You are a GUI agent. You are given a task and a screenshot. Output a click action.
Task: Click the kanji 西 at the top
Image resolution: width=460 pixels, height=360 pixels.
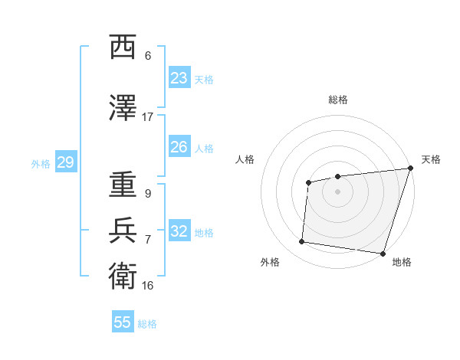coord(123,48)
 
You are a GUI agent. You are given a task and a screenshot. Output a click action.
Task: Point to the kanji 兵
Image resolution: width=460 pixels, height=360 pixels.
coord(123,231)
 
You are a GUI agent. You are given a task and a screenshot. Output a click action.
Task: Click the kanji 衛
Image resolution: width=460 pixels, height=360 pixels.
coord(123,275)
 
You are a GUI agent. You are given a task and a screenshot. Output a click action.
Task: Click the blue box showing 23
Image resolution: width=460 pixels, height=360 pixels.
coord(179,78)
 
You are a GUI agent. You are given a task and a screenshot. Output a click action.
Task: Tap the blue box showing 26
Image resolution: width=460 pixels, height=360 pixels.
coord(179,147)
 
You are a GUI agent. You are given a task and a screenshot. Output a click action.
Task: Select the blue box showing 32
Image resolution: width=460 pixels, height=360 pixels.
coord(179,231)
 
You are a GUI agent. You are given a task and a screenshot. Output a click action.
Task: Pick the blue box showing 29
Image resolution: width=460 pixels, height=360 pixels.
coord(65,162)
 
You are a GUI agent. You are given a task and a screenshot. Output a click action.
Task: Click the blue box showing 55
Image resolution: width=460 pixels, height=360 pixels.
coord(123,322)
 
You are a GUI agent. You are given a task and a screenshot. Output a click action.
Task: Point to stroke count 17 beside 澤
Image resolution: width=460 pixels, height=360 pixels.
coord(148,116)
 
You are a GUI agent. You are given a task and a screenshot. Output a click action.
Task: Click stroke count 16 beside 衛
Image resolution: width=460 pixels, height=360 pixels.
coord(148,285)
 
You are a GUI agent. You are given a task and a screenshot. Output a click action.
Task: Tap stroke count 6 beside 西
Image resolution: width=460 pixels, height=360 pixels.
coord(148,55)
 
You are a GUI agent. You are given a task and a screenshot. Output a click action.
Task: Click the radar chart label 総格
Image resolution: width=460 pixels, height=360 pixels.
coord(337,100)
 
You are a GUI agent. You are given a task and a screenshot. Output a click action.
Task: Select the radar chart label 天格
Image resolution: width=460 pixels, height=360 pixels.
coord(431,159)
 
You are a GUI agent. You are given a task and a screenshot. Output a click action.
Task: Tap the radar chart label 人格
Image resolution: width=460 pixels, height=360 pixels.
coord(245,159)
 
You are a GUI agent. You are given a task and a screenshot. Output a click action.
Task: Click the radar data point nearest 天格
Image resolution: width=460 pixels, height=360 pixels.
coord(410,168)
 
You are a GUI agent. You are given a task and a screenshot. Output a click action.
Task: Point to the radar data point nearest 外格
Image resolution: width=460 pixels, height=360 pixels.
coord(302,242)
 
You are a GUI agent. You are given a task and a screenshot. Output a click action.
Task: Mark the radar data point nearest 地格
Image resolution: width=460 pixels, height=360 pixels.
coord(383,253)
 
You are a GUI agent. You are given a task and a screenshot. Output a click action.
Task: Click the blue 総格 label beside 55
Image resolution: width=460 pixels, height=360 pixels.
coord(147,323)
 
